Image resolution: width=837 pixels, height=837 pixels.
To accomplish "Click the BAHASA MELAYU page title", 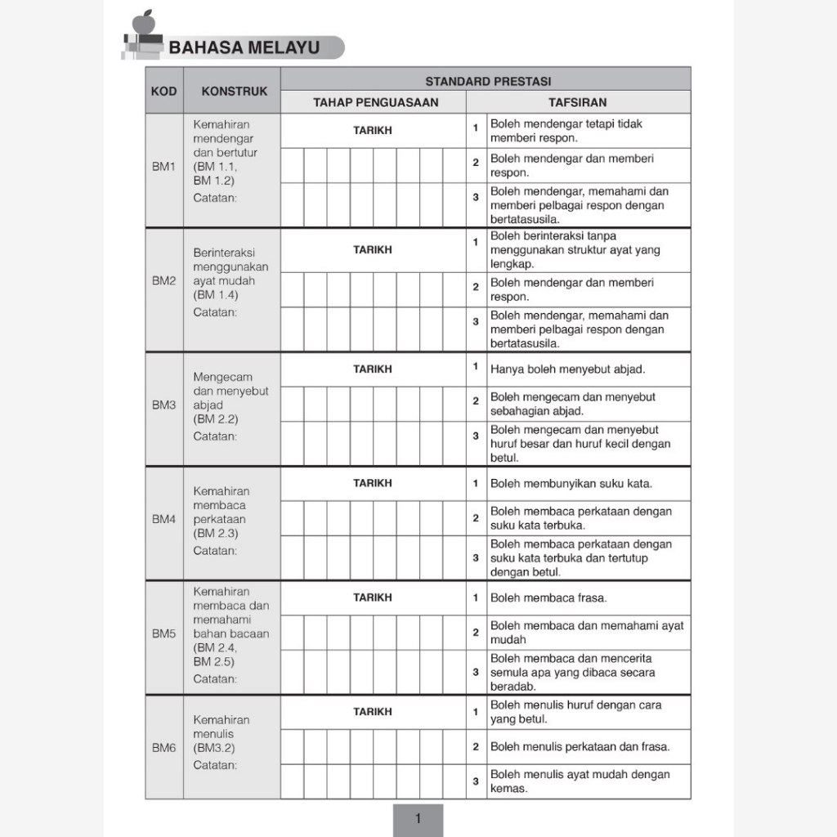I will point(244,47).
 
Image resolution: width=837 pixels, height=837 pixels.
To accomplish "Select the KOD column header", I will point(163,91).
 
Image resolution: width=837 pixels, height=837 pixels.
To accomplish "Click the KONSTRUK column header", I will point(234,92).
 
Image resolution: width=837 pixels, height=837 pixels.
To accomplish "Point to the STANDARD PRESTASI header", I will point(488,81).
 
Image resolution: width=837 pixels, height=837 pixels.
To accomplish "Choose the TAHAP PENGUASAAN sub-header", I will point(375,102).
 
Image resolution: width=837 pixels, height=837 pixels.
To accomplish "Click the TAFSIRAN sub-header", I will point(577,102).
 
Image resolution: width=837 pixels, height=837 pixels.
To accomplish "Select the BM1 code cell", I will point(163,166).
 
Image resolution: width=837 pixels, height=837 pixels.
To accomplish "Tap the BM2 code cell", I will point(163,280).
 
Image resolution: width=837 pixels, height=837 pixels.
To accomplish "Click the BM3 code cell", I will point(163,405).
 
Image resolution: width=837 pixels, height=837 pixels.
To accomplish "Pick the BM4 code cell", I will point(163,519).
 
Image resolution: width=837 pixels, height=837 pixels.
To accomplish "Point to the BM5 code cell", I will point(163,633).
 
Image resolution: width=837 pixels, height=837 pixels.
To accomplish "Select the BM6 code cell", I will point(163,747).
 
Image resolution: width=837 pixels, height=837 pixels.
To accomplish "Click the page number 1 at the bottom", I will point(418,819).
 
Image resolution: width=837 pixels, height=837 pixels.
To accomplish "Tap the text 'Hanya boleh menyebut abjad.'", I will point(567,369).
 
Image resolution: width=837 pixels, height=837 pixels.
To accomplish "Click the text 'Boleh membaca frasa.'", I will point(548,598).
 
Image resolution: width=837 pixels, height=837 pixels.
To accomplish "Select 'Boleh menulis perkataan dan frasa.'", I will point(580,746).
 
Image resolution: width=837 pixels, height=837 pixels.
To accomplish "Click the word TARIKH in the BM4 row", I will point(372,483).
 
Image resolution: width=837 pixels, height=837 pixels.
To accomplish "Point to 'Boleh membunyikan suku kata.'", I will point(571,483).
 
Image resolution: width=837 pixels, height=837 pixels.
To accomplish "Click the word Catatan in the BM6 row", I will point(215,765).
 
